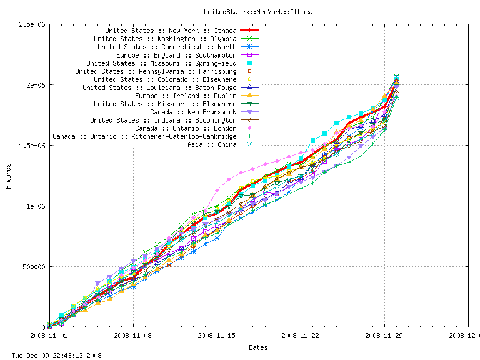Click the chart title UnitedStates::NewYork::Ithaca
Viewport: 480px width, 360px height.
point(239,12)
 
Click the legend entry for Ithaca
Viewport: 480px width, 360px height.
point(171,31)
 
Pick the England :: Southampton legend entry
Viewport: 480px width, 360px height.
point(176,55)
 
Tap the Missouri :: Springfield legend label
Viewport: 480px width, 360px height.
point(161,63)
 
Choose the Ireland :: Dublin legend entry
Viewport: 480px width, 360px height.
point(186,96)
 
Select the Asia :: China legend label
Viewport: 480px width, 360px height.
point(212,144)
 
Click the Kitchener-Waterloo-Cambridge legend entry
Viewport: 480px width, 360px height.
point(144,136)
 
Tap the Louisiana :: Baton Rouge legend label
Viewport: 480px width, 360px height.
point(159,87)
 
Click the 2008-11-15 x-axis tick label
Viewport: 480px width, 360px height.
point(217,336)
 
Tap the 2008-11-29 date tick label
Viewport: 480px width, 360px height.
point(384,336)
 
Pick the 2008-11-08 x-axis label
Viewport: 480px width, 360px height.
point(133,336)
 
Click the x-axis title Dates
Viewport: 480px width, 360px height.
point(258,347)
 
